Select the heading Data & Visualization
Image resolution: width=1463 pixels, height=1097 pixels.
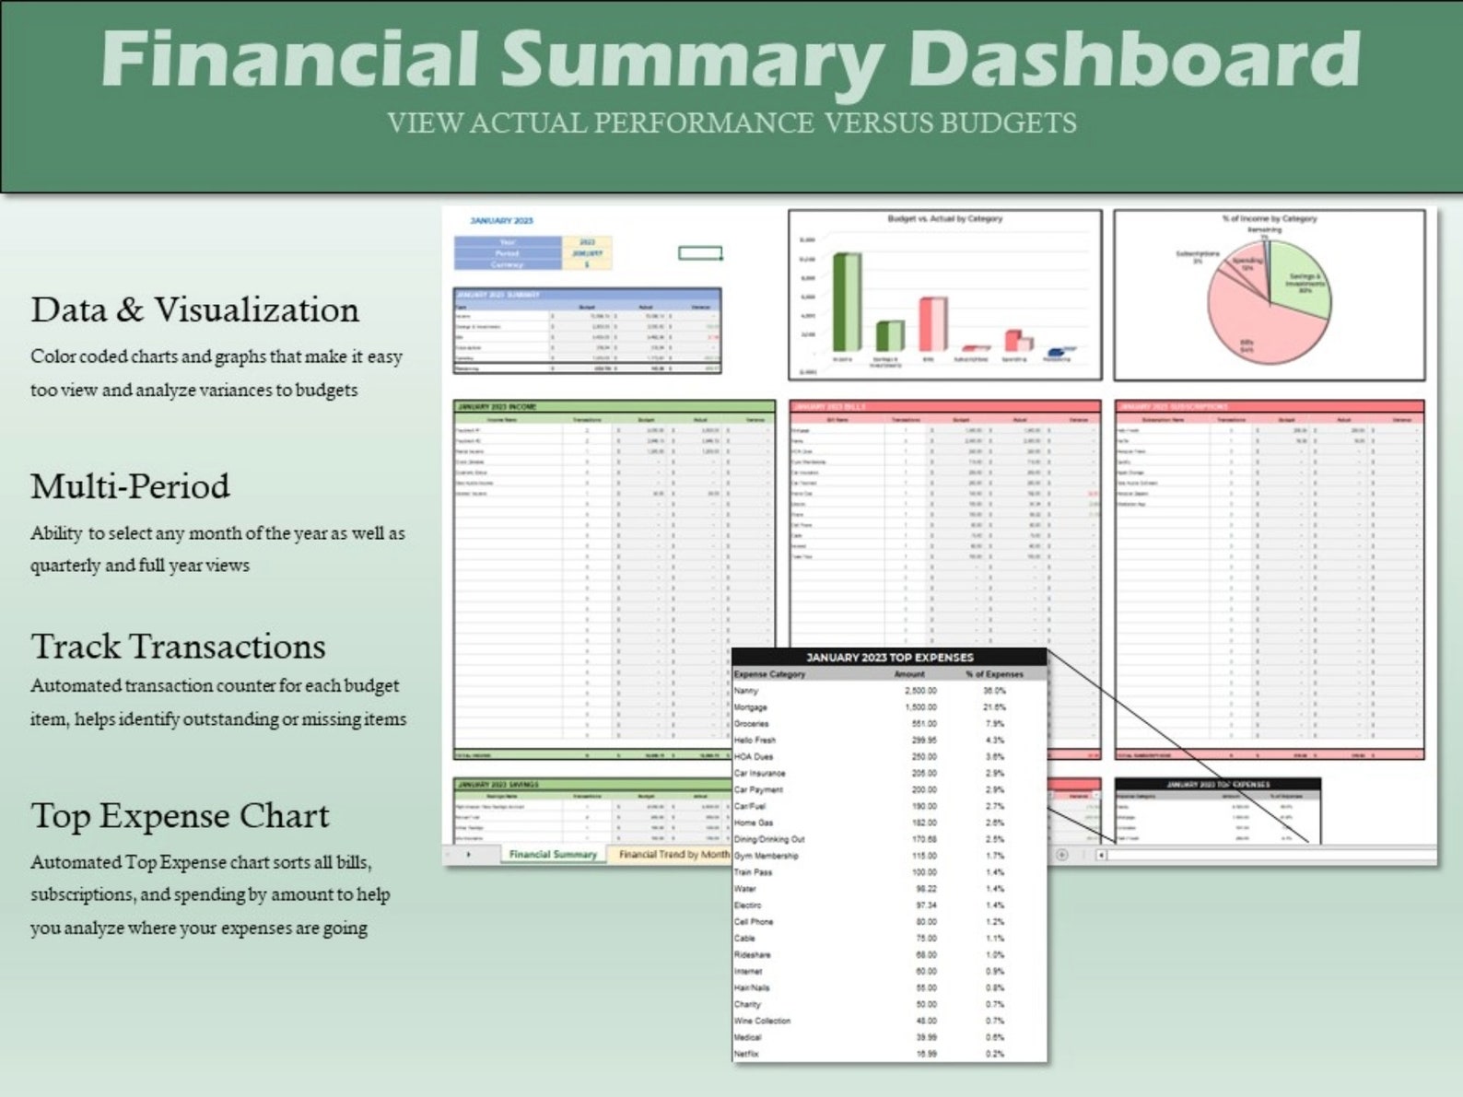tap(194, 310)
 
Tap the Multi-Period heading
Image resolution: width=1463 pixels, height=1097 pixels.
tap(130, 486)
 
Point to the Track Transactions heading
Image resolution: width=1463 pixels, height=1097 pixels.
tap(178, 647)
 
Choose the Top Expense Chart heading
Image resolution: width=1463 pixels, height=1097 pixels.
tap(180, 816)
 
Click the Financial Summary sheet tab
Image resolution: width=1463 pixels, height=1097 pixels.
tap(553, 855)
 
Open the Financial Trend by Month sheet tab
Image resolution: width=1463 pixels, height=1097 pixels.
tap(673, 855)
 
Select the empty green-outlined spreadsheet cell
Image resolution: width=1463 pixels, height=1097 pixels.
tap(700, 252)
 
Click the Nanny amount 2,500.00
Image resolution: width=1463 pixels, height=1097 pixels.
tap(920, 691)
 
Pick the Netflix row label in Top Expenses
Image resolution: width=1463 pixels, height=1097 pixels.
tap(746, 1054)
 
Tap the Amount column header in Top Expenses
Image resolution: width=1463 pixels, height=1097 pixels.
tap(909, 674)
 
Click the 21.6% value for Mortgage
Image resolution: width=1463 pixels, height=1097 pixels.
tap(994, 707)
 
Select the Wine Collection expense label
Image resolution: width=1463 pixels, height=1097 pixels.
tap(762, 1021)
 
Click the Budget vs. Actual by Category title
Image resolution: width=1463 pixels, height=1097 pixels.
tap(944, 219)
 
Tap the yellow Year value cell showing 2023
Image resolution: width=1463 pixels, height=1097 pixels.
tap(587, 242)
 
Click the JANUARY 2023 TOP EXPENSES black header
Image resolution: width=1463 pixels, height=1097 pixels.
tap(889, 658)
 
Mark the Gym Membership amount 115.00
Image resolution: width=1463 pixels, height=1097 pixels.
tap(924, 856)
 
